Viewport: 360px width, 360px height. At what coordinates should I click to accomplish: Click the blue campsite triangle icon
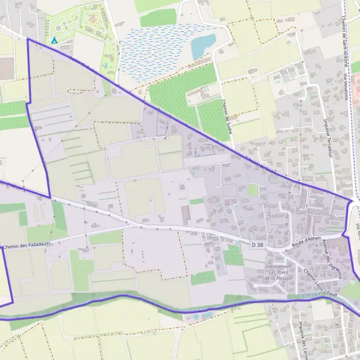pos(55,40)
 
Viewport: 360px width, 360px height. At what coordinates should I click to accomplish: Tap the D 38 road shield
pos(257,245)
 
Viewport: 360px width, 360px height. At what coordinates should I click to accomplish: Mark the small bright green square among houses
pos(253,190)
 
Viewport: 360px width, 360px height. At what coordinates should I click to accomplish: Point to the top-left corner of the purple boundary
pos(28,39)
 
